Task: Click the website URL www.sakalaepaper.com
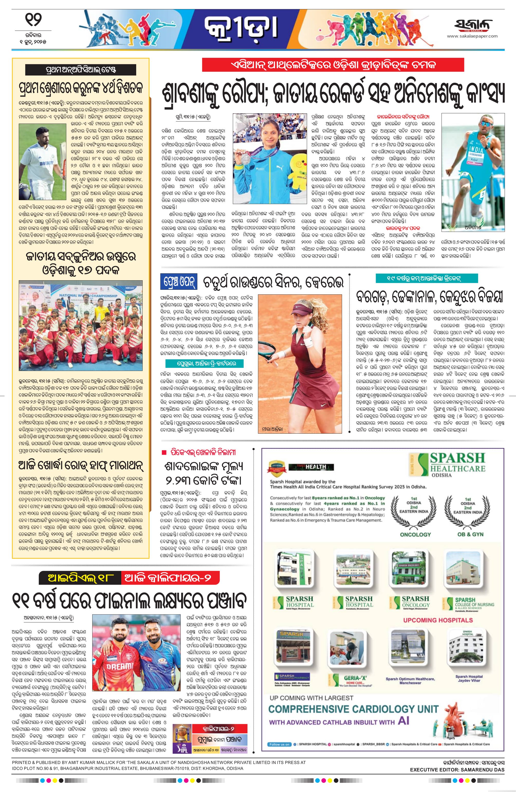pos(472,36)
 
